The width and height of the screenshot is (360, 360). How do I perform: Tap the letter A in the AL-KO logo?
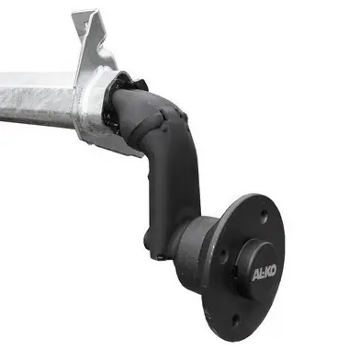pos(255,276)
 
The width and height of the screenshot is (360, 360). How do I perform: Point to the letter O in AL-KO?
pos(274,271)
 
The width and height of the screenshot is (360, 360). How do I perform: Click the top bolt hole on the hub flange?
pos(264,215)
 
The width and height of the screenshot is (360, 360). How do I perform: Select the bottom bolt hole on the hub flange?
pos(235,319)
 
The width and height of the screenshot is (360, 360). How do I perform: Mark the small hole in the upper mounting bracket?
pos(85,24)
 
